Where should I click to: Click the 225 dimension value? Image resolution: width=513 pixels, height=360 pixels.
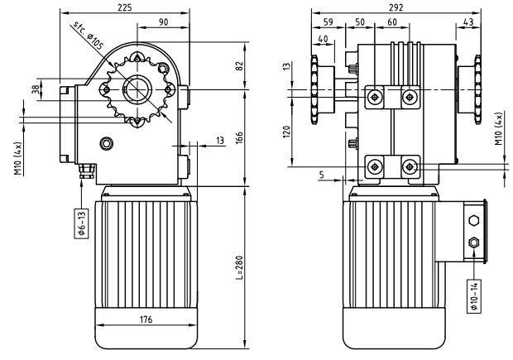(124, 8)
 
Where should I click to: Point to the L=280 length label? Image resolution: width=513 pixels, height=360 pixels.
(238, 265)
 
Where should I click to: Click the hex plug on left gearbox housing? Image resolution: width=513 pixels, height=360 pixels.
(106, 144)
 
